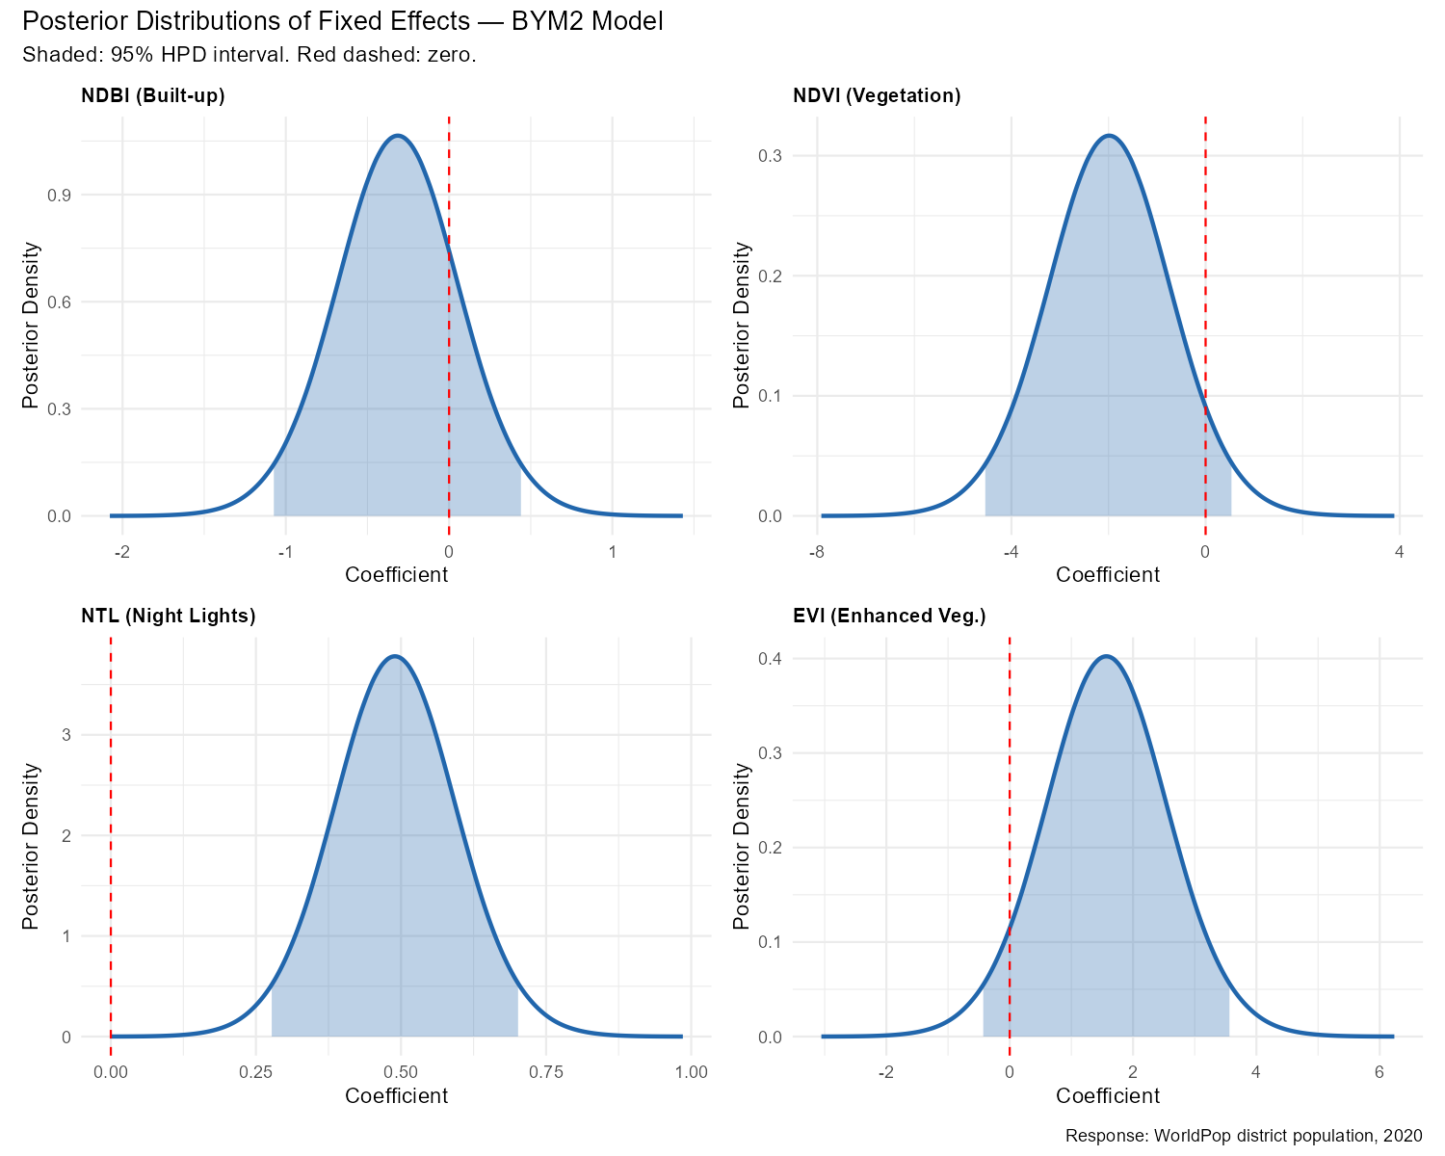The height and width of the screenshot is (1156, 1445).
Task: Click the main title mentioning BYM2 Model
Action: click(x=342, y=21)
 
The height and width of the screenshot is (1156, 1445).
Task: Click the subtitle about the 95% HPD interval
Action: click(x=249, y=55)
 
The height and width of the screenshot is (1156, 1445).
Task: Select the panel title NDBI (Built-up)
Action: click(x=153, y=95)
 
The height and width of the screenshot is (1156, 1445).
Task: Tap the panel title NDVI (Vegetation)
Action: click(x=877, y=95)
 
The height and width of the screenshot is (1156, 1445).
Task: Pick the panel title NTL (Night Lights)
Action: click(x=169, y=617)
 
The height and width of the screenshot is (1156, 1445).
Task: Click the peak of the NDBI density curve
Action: click(x=398, y=136)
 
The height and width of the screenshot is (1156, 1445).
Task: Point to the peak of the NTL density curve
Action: click(x=395, y=657)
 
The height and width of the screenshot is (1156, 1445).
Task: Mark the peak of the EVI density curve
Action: click(x=1106, y=657)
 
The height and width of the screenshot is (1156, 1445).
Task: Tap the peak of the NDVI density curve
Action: click(x=1110, y=136)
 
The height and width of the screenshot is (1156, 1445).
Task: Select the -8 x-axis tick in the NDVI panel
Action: click(x=817, y=552)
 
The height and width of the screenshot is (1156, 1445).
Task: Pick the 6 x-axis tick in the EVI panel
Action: click(x=1379, y=1072)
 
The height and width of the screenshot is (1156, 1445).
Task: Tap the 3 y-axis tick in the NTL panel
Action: click(x=66, y=735)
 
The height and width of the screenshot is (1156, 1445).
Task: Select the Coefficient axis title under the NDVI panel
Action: click(x=1108, y=575)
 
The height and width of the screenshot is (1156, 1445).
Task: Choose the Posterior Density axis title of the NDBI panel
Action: click(x=31, y=325)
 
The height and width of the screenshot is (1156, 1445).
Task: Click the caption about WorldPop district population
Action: click(x=1244, y=1136)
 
